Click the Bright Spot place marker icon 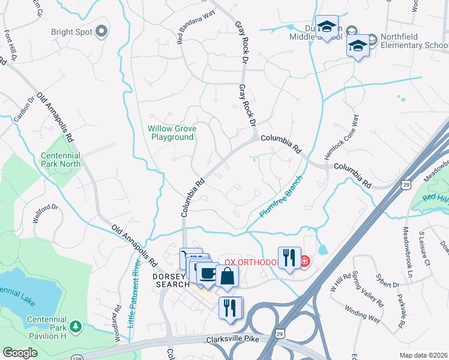tap(101, 31)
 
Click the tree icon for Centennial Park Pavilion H tap(76, 326)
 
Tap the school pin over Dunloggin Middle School tap(327, 27)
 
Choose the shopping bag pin tap(228, 276)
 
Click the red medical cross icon tap(304, 262)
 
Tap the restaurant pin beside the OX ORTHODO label tap(289, 257)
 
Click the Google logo tap(20, 353)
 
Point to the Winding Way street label tap(362, 315)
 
